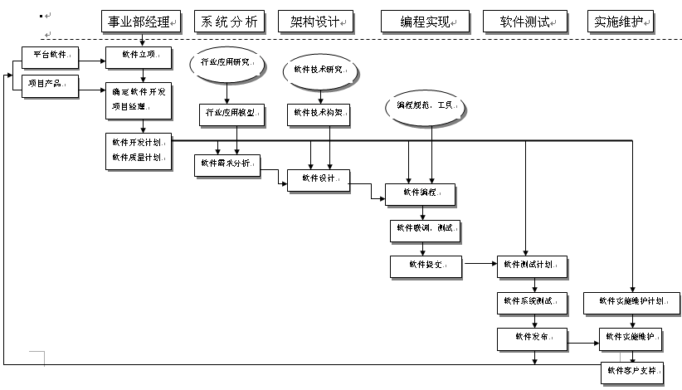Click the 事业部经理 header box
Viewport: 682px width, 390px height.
click(139, 22)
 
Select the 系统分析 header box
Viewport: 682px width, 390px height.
click(227, 22)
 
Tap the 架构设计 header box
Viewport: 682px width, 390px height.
click(315, 22)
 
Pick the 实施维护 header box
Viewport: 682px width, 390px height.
click(620, 22)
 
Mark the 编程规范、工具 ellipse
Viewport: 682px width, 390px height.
click(424, 107)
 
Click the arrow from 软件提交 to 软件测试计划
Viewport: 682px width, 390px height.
click(479, 266)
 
